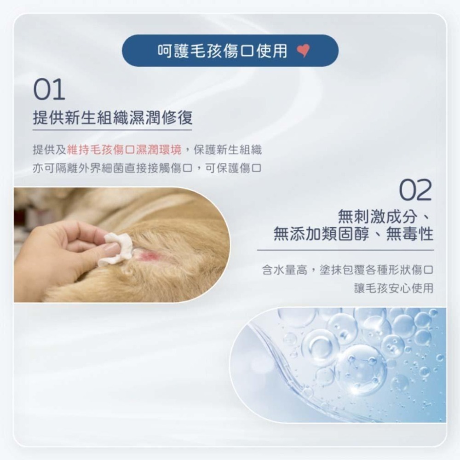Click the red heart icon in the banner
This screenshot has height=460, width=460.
tap(304, 51)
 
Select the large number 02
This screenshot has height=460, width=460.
tap(415, 191)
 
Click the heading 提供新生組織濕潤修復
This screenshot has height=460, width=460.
tap(113, 118)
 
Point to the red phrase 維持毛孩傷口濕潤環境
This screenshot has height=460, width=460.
tap(124, 149)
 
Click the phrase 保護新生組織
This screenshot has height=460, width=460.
tap(228, 149)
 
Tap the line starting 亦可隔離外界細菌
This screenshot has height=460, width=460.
tap(147, 168)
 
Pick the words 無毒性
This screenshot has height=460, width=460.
tap(409, 235)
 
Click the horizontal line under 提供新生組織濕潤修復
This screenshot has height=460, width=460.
tap(113, 130)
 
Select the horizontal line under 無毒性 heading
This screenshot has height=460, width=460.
tap(345, 250)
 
